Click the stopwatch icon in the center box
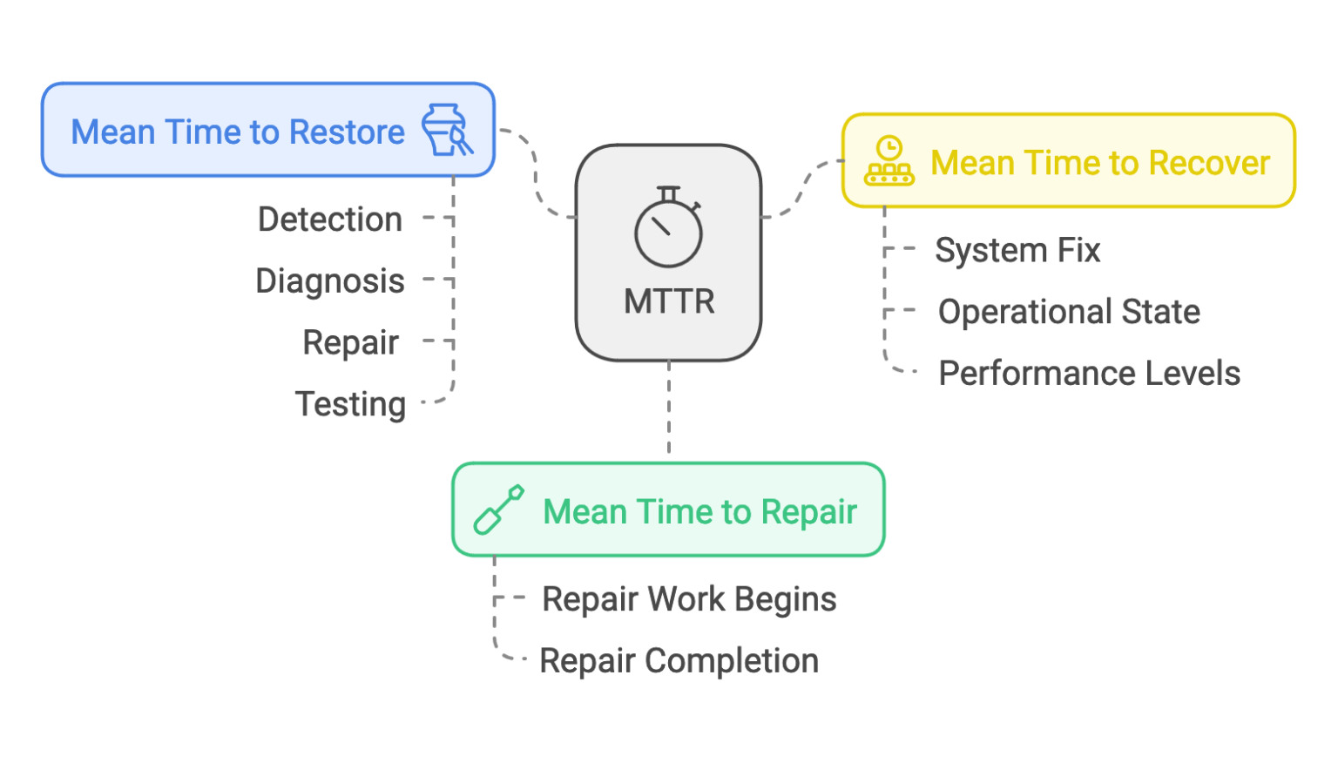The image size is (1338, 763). pyautogui.click(x=668, y=228)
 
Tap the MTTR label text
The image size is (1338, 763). pyautogui.click(x=669, y=301)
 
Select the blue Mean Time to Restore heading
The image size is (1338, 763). pyautogui.click(x=238, y=132)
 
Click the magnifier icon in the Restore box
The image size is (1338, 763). pyautogui.click(x=448, y=131)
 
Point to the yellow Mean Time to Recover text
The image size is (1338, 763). pyautogui.click(x=1099, y=163)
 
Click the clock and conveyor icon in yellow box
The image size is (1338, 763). pyautogui.click(x=889, y=161)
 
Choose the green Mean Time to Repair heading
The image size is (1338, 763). pyautogui.click(x=699, y=512)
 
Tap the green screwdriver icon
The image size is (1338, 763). pyautogui.click(x=498, y=510)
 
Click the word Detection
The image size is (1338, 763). pyautogui.click(x=329, y=219)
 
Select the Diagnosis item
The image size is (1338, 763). pyautogui.click(x=330, y=281)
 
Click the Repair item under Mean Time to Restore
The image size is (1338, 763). pyautogui.click(x=350, y=343)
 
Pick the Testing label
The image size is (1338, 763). pyautogui.click(x=350, y=404)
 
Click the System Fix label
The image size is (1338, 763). pyautogui.click(x=1017, y=251)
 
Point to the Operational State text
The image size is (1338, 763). pyautogui.click(x=1069, y=312)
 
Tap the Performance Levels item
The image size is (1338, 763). pyautogui.click(x=1089, y=374)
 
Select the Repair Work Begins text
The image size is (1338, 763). pyautogui.click(x=689, y=599)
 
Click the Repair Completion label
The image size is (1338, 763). pyautogui.click(x=679, y=661)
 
